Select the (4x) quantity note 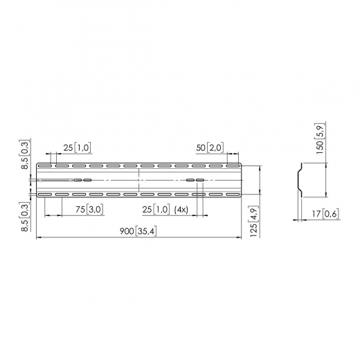click(x=182, y=209)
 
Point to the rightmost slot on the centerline click(x=200, y=180)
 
